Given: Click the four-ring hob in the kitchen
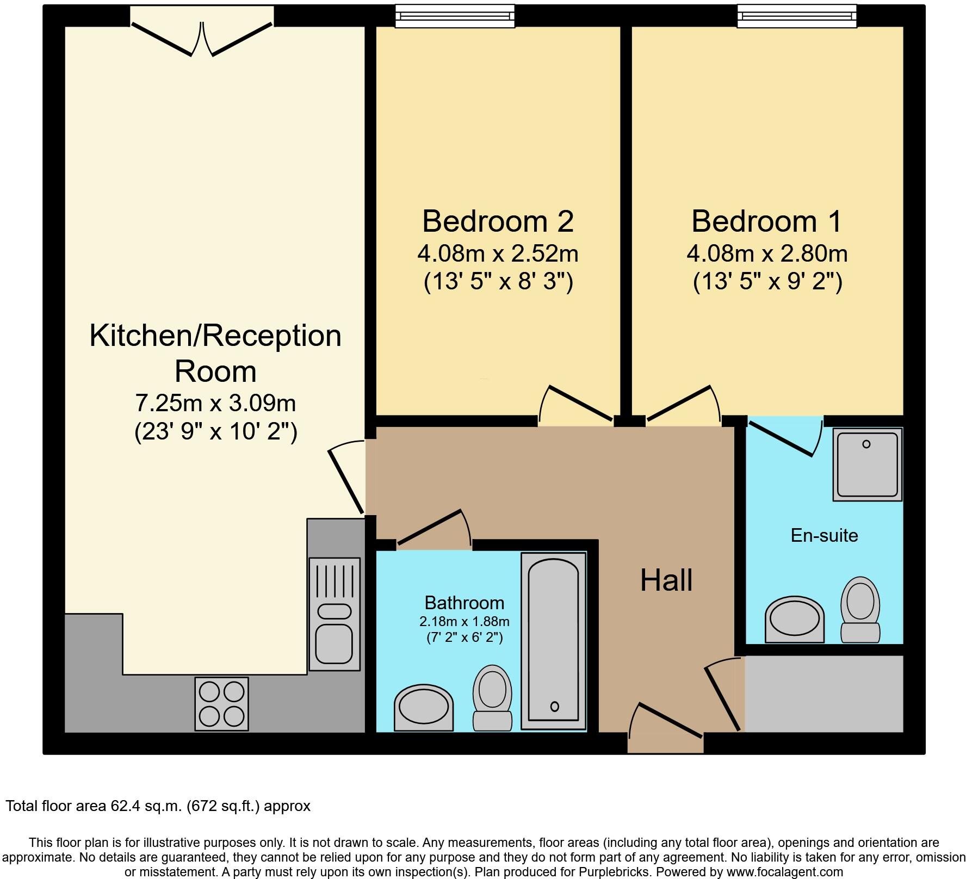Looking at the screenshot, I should (221, 703).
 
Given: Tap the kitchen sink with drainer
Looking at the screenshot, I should (335, 614).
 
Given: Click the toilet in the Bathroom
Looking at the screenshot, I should (492, 698).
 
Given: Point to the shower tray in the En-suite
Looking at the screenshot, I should (868, 464).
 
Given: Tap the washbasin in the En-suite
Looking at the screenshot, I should (795, 619).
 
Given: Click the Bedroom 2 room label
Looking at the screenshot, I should (498, 221).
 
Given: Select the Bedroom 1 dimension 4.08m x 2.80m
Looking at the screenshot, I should (767, 253).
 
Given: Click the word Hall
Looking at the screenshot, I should (666, 580).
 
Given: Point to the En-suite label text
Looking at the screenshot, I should (824, 535).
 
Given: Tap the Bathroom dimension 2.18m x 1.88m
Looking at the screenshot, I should (464, 621).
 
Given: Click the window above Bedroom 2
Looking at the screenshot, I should (454, 16).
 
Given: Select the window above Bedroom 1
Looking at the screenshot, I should (797, 16).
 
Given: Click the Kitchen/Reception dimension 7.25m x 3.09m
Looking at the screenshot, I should (215, 404).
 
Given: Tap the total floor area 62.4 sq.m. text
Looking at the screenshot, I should (158, 806).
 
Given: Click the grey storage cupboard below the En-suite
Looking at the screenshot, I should (823, 693).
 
